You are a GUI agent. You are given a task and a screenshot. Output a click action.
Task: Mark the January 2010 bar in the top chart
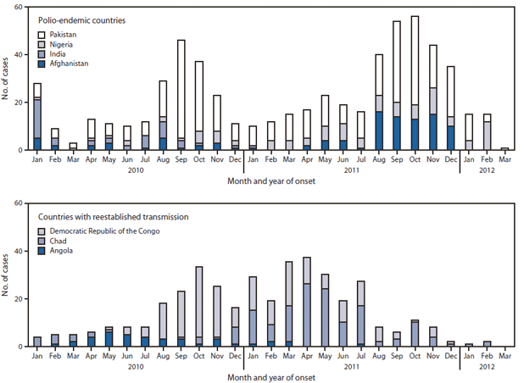coord(36,117)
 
